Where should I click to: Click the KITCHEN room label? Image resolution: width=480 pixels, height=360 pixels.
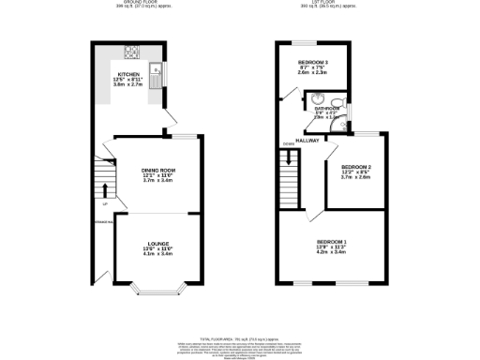click(128, 72)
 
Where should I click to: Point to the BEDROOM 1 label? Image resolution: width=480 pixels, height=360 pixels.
click(331, 243)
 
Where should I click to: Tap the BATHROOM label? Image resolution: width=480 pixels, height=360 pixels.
click(328, 109)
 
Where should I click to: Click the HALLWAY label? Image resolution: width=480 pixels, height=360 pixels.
click(308, 141)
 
